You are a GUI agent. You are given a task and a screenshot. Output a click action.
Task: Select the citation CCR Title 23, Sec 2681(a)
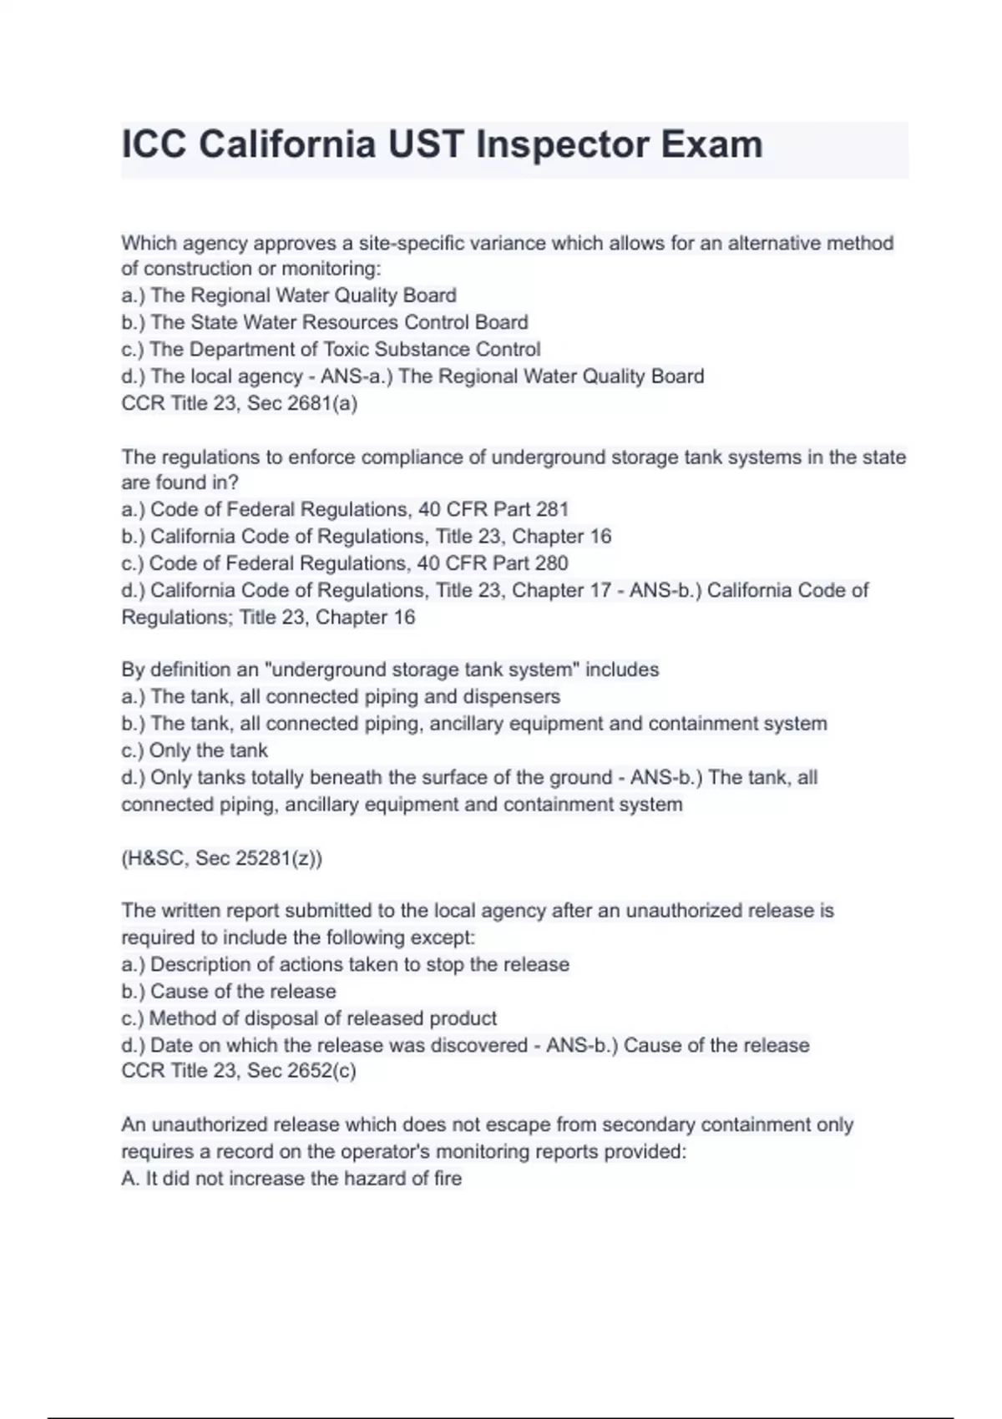click(240, 403)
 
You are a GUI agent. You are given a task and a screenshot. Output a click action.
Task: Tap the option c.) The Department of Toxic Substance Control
click(331, 349)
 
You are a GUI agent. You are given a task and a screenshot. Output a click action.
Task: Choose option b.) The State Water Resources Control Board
click(325, 322)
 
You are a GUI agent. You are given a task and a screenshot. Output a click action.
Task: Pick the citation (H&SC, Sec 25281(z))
click(222, 858)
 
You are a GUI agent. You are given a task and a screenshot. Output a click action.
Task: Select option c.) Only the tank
click(195, 750)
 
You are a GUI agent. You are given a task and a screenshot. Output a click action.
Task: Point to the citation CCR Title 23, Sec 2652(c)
click(239, 1071)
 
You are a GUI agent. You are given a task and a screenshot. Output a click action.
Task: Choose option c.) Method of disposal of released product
click(309, 1018)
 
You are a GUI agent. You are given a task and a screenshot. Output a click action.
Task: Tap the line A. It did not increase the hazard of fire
click(291, 1179)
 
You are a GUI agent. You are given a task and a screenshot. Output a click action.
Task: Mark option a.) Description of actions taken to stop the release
click(345, 964)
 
